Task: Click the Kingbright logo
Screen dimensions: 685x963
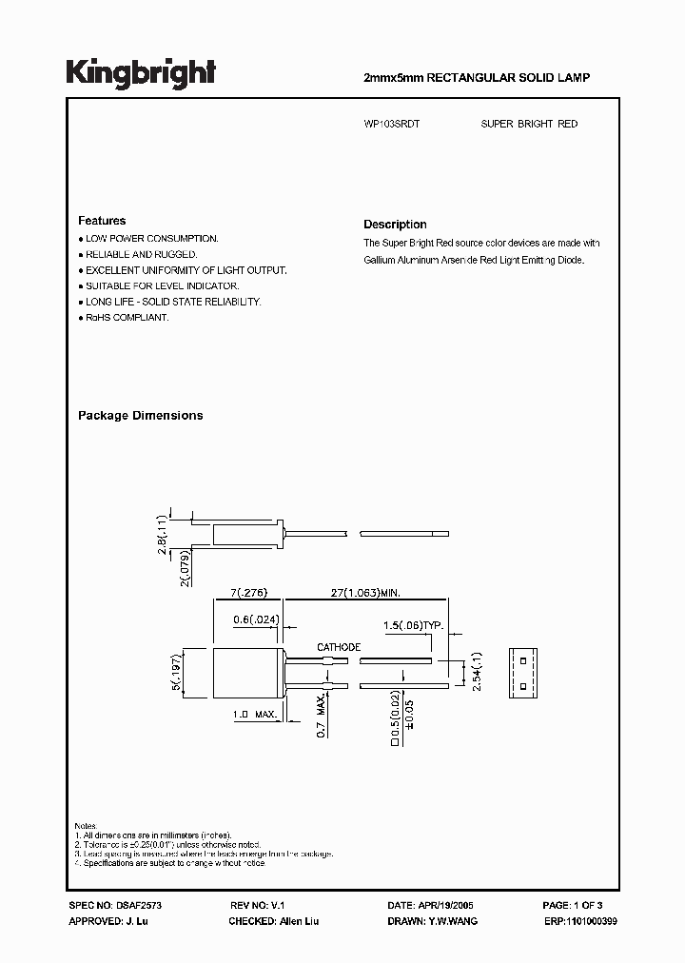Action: (x=141, y=73)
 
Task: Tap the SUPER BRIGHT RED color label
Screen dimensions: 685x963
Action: (x=529, y=125)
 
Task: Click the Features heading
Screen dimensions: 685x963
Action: (x=102, y=221)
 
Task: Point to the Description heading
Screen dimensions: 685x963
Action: (x=395, y=225)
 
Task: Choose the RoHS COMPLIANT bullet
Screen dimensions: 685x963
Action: (x=127, y=318)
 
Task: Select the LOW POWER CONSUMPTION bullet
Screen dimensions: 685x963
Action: (x=152, y=238)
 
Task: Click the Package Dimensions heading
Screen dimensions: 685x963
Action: (x=140, y=416)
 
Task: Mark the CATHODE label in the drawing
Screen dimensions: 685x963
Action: (x=339, y=647)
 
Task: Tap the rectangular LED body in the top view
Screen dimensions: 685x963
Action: (x=244, y=672)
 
